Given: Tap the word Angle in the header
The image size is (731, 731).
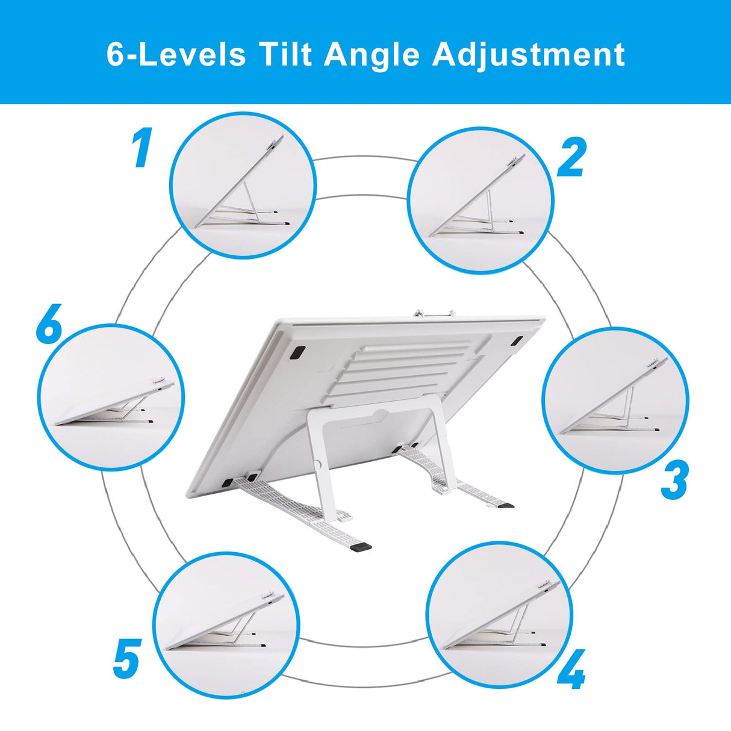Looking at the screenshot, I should coord(372,54).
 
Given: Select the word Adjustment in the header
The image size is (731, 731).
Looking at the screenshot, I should coord(528,54).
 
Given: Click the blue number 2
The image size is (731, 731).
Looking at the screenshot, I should coord(571,158).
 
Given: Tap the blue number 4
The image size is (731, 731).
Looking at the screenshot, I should coord(571,669).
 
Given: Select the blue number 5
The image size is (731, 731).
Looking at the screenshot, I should coord(127,658).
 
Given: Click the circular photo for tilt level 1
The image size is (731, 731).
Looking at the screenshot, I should coord(242,185).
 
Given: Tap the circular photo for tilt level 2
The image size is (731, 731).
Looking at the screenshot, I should coord(480,200).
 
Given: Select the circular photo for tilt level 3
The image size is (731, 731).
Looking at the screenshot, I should coord(615,400).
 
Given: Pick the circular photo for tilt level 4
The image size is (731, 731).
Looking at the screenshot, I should coord(499,614).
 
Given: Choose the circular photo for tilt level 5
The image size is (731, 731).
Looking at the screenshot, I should coord(226,625).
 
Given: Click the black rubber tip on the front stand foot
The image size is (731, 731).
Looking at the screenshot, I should coord(362,547).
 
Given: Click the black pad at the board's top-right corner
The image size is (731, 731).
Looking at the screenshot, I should coord(517,340).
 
